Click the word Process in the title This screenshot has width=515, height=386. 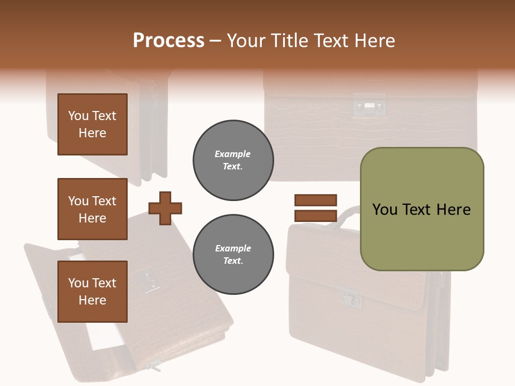pyautogui.click(x=168, y=41)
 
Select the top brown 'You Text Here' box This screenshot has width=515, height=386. pyautogui.click(x=92, y=124)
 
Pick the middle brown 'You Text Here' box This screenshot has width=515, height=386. pyautogui.click(x=92, y=209)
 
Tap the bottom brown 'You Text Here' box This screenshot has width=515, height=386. pyautogui.click(x=92, y=292)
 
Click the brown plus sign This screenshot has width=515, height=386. pyautogui.click(x=165, y=207)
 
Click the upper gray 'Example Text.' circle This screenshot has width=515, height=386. pyautogui.click(x=233, y=160)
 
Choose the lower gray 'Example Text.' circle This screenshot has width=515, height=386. pyautogui.click(x=233, y=254)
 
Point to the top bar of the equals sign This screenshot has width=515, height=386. pyautogui.click(x=315, y=201)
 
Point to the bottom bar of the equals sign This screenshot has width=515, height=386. pyautogui.click(x=315, y=216)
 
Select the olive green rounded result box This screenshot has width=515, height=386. pyautogui.click(x=422, y=209)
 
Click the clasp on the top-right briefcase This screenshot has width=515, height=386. pyautogui.click(x=369, y=106)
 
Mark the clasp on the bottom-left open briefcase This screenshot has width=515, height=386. pyautogui.click(x=146, y=281)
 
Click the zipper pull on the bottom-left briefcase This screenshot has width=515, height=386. pyautogui.click(x=154, y=367)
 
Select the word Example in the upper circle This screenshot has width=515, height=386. pyautogui.click(x=233, y=154)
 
